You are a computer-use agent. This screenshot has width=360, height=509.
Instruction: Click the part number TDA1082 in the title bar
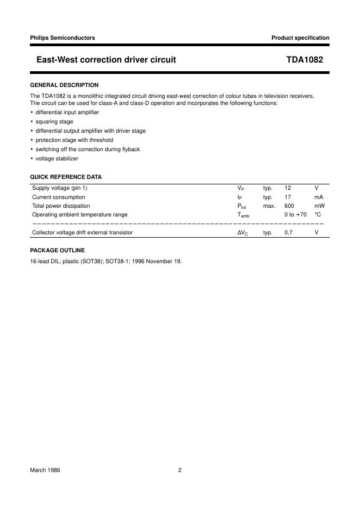(x=305, y=60)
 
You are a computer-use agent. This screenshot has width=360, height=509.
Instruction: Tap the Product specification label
(x=300, y=38)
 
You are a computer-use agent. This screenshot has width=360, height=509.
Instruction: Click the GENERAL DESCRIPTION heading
(x=64, y=85)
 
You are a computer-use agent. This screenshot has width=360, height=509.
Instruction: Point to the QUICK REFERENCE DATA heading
(x=66, y=177)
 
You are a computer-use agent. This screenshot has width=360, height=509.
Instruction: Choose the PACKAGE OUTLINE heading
(x=57, y=250)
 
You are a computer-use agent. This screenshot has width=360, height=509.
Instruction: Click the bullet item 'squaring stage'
(x=54, y=122)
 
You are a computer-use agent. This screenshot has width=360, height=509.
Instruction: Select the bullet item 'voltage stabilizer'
(x=57, y=158)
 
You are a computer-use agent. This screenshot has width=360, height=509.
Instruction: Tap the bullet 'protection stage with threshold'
(x=75, y=140)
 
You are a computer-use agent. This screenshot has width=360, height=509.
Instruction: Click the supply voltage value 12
(x=288, y=188)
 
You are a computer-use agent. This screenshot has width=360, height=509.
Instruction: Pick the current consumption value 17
(x=288, y=197)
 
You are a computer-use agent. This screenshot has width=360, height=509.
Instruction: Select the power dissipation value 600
(x=289, y=206)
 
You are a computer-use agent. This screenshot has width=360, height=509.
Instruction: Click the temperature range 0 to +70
(x=295, y=215)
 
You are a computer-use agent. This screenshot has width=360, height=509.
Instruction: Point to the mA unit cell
(x=319, y=197)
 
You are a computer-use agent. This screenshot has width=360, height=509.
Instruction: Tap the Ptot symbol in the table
(x=242, y=207)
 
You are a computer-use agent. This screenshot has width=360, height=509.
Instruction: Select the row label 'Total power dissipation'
(x=61, y=206)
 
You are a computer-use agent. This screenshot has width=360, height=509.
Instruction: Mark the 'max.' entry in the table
(x=269, y=206)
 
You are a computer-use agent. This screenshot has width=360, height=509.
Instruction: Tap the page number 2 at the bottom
(x=179, y=470)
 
